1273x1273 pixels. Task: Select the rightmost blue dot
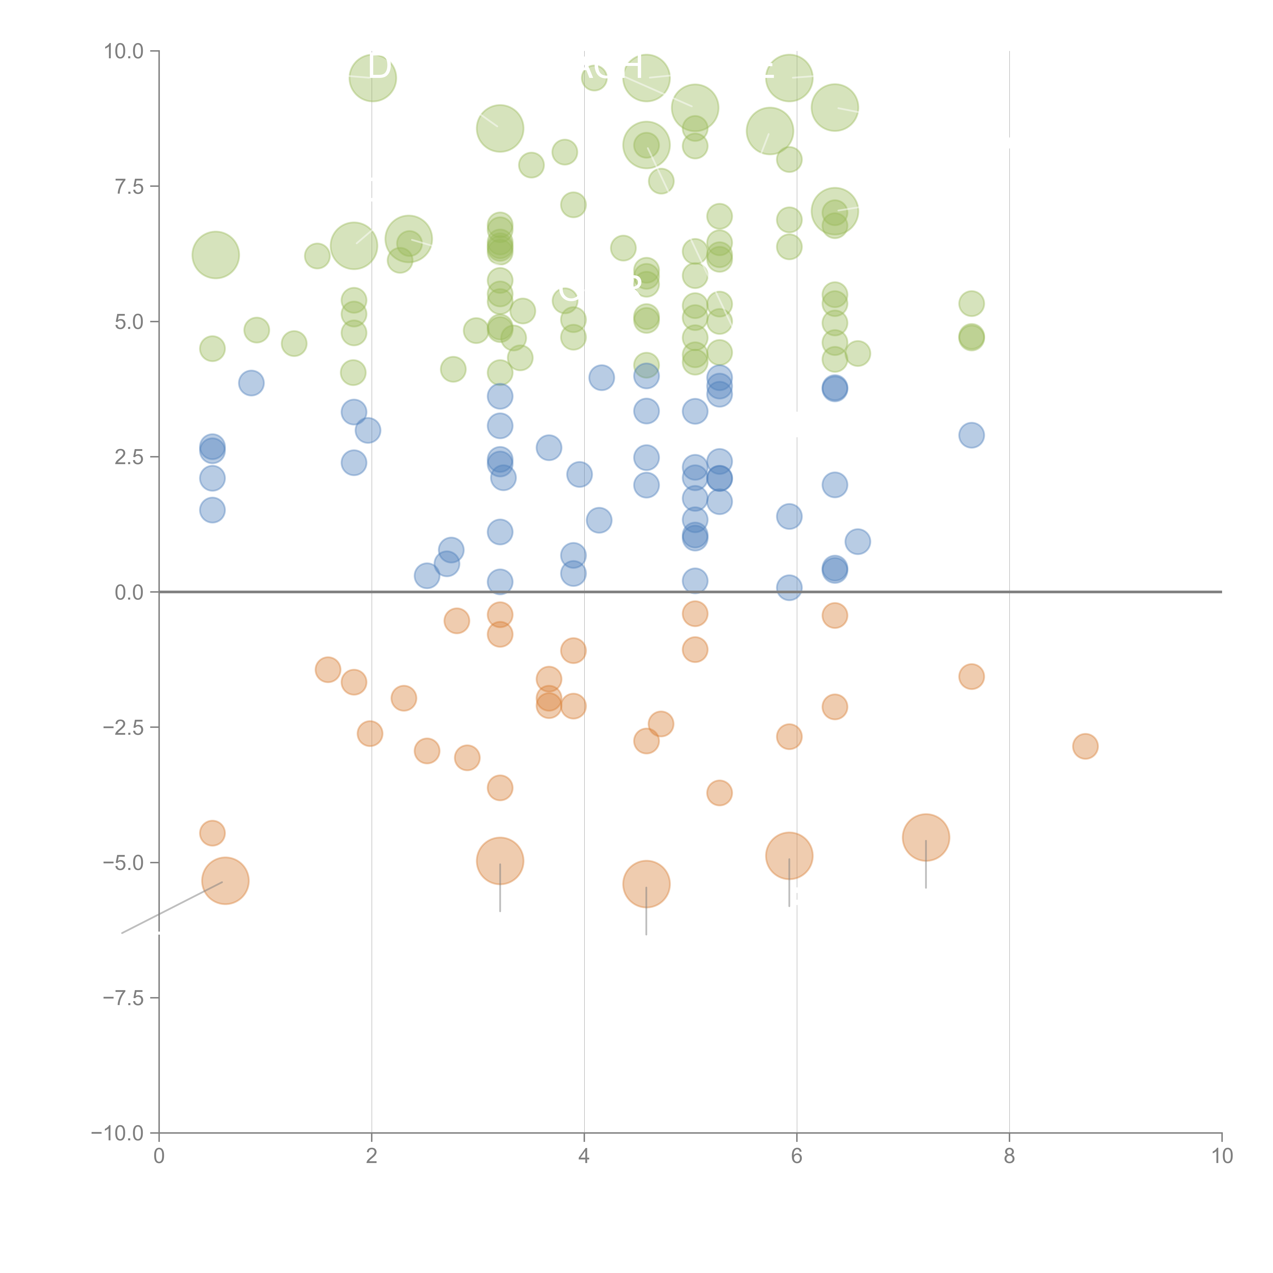[x=971, y=435]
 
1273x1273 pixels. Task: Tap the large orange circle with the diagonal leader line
[x=225, y=881]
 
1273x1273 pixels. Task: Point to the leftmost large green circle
[x=215, y=255]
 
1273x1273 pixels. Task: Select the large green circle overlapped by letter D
[x=372, y=78]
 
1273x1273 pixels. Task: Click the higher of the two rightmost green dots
[x=971, y=304]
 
